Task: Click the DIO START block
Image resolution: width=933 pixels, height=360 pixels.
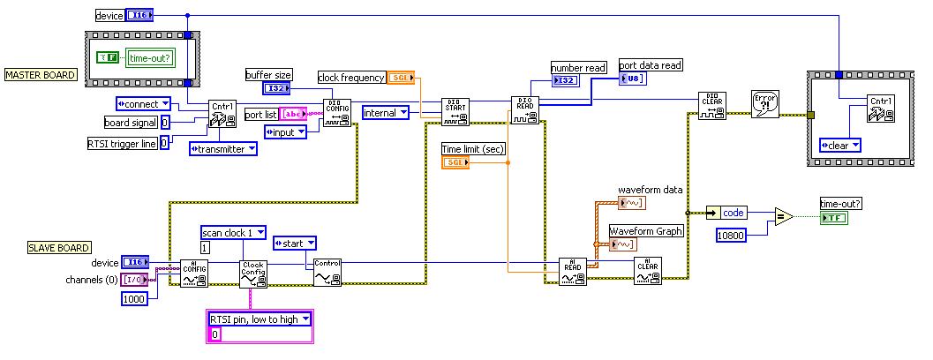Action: point(456,111)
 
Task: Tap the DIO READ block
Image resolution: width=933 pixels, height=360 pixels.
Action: point(524,110)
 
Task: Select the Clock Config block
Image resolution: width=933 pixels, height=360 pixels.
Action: point(252,274)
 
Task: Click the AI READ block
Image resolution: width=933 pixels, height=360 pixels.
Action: point(573,271)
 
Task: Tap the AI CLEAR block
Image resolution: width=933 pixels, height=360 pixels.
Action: point(647,271)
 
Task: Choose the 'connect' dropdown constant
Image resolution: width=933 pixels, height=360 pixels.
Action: point(143,104)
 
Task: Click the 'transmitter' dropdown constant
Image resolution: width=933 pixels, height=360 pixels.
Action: point(222,149)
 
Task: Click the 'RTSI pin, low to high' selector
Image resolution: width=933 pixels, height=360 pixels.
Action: point(260,319)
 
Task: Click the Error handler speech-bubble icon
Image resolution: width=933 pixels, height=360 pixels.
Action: point(765,103)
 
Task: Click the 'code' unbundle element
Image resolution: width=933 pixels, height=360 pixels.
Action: point(733,213)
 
